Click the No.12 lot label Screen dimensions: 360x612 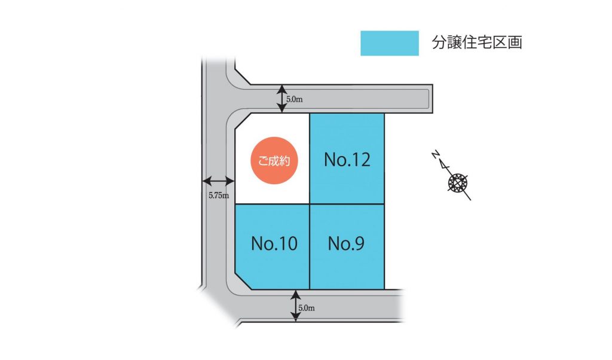(347, 160)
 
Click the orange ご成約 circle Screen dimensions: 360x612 (273, 161)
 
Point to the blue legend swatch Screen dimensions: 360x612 (389, 43)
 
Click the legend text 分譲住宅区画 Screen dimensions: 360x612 (477, 43)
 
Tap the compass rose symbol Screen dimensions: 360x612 (458, 182)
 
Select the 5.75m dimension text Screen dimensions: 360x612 (218, 195)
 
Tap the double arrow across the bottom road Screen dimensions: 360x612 (295, 306)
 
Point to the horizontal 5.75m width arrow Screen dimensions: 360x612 (218, 180)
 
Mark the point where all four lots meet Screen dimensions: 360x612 (309, 205)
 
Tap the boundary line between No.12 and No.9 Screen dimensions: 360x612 (347, 205)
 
